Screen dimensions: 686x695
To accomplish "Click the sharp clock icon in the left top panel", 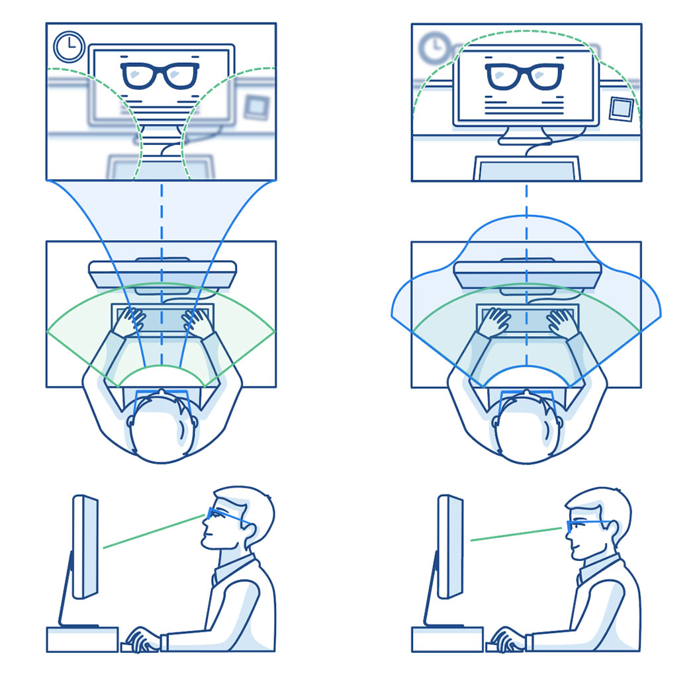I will pyautogui.click(x=68, y=48).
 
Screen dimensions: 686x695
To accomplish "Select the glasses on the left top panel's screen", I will pyautogui.click(x=160, y=75).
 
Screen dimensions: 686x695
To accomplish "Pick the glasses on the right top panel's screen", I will pyautogui.click(x=524, y=75).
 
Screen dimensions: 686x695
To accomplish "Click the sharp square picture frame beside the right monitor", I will pyautogui.click(x=622, y=108).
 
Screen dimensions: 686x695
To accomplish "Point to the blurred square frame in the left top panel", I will pyautogui.click(x=255, y=107).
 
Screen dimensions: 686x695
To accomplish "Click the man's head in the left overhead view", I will pyautogui.click(x=161, y=430).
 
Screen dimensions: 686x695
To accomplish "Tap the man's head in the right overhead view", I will pyautogui.click(x=526, y=430).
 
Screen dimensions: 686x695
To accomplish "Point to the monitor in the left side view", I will pyautogui.click(x=85, y=546).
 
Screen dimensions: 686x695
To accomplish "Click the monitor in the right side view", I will pyautogui.click(x=450, y=546).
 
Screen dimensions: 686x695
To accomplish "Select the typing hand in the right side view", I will pyautogui.click(x=507, y=638).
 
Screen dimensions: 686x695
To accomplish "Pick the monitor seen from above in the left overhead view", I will pyautogui.click(x=162, y=273).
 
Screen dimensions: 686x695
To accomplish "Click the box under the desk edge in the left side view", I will pyautogui.click(x=82, y=639).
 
